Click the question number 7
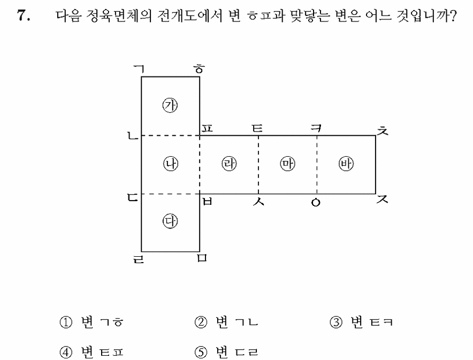(x=24, y=16)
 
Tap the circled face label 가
(x=170, y=105)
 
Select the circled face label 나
(x=171, y=164)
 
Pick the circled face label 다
(x=171, y=221)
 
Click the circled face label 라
(x=229, y=164)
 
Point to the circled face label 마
(x=287, y=164)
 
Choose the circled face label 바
(x=346, y=164)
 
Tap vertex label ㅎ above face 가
(x=199, y=69)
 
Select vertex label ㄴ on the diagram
(x=132, y=136)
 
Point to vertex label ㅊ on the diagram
(x=383, y=131)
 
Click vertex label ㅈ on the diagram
(x=383, y=199)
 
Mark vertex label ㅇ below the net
(x=316, y=203)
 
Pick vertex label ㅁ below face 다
(x=202, y=258)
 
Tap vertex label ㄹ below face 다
(x=139, y=259)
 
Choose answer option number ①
(x=66, y=323)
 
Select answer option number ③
(x=336, y=323)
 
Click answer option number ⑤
(x=201, y=352)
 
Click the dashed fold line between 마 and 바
(x=317, y=165)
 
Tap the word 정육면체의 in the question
(x=119, y=16)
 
